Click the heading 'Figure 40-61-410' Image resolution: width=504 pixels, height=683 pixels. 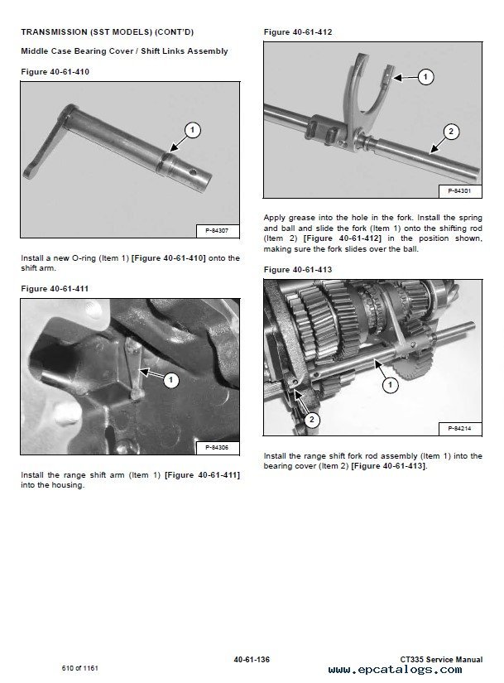pyautogui.click(x=55, y=72)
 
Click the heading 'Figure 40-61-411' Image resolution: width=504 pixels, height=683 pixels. pyautogui.click(x=55, y=287)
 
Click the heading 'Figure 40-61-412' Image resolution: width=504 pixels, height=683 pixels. pyautogui.click(x=298, y=31)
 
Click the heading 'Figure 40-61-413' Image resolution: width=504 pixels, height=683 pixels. pyautogui.click(x=298, y=269)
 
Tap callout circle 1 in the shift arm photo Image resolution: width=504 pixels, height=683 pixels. pyautogui.click(x=192, y=129)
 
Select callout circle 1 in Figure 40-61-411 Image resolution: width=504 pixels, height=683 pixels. pyautogui.click(x=170, y=380)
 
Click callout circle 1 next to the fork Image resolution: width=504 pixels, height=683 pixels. pyautogui.click(x=425, y=77)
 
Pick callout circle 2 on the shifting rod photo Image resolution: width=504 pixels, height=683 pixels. pyautogui.click(x=450, y=131)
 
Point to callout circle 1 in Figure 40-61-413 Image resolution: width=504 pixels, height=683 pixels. pyautogui.click(x=386, y=384)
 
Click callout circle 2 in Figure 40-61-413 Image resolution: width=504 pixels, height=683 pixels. pyautogui.click(x=310, y=420)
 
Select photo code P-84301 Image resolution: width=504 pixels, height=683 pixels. pyautogui.click(x=459, y=190)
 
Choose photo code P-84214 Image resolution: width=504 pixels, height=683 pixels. pyautogui.click(x=459, y=428)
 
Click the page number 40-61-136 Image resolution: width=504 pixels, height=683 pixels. pyautogui.click(x=252, y=659)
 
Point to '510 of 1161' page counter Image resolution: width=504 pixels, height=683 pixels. pyautogui.click(x=80, y=666)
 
